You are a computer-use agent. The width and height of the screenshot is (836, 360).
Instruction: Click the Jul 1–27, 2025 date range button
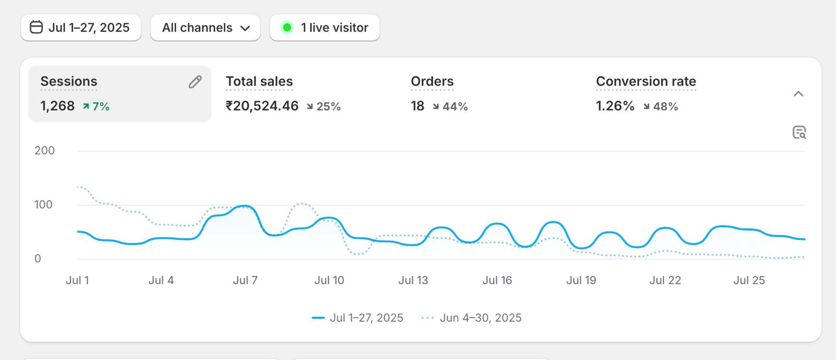(80, 28)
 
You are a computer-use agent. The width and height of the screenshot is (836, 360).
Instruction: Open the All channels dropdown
(205, 28)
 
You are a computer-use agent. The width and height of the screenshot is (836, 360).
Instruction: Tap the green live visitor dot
(287, 27)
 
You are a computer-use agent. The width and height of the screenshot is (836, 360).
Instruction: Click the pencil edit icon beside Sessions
(195, 82)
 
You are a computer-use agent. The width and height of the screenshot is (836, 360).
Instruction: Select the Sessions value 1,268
(57, 106)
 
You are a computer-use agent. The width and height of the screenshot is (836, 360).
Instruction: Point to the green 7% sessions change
(96, 107)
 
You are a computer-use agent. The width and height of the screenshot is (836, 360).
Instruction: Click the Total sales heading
(259, 82)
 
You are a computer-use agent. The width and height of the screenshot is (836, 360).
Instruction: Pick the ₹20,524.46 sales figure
(262, 106)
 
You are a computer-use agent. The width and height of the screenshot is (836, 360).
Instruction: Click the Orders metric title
(432, 82)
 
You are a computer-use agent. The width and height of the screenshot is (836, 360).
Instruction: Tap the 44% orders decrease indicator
(450, 107)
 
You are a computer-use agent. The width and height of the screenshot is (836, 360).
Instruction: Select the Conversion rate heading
(646, 82)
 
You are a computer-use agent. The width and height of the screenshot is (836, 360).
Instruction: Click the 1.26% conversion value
(615, 106)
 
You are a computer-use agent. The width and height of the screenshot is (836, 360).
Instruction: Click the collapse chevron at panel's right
(798, 94)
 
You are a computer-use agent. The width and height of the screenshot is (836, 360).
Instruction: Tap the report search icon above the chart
(799, 132)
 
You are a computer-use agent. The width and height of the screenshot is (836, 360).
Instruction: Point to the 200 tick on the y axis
(44, 150)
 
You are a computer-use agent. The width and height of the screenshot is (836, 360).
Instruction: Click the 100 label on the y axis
(43, 205)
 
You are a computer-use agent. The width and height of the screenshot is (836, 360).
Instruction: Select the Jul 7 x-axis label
(245, 281)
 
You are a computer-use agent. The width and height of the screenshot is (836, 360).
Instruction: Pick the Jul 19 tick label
(581, 281)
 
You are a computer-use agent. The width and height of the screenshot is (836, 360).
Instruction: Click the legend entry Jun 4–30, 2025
(472, 318)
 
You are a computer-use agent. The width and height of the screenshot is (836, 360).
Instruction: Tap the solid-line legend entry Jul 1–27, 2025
(358, 318)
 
